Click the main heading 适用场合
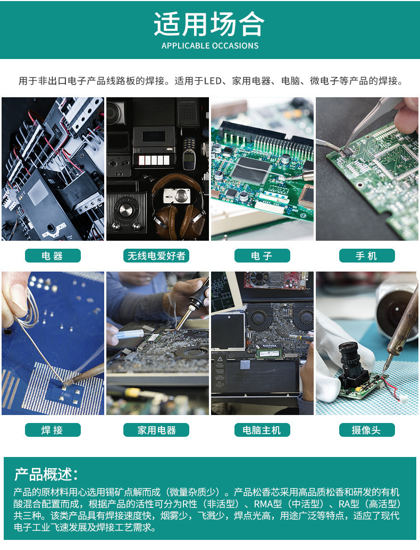[209, 24]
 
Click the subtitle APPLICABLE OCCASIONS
[210, 46]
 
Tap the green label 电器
[53, 256]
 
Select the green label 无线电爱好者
[156, 256]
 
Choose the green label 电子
[262, 256]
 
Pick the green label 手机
[367, 256]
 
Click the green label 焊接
[53, 430]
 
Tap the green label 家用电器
[156, 430]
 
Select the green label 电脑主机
[262, 430]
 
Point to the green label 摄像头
[367, 430]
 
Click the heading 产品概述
[46, 474]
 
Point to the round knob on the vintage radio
[125, 210]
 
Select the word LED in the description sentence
[213, 81]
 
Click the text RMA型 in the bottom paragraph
[268, 504]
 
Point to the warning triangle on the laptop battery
[220, 359]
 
